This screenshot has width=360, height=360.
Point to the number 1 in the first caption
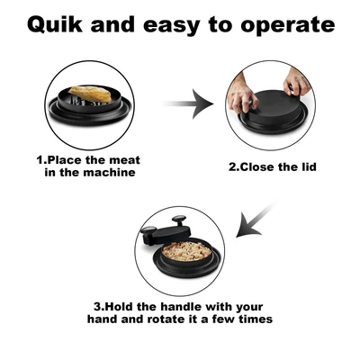(40, 159)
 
